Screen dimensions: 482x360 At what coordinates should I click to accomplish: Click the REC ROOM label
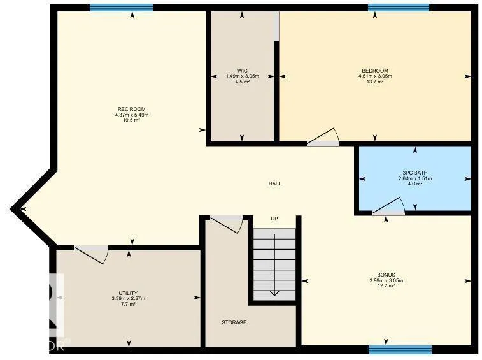click(132, 109)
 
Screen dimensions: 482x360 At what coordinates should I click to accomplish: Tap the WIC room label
click(242, 71)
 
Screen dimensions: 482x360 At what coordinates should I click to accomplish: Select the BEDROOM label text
click(375, 71)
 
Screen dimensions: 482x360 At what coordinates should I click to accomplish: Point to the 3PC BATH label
click(415, 173)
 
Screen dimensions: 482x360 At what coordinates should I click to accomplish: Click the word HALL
click(275, 184)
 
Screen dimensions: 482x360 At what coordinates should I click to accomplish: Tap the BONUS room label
click(386, 275)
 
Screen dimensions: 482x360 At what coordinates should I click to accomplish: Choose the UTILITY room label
click(128, 293)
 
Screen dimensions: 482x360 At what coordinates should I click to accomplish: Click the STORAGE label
click(234, 322)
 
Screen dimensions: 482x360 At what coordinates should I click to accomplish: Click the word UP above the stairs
click(274, 219)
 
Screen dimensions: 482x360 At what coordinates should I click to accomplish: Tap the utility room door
click(92, 255)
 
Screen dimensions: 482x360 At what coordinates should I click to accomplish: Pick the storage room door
click(227, 225)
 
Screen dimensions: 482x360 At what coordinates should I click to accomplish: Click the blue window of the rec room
click(121, 8)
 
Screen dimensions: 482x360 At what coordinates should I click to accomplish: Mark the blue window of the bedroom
click(399, 8)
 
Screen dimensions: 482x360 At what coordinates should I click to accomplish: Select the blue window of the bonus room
click(400, 350)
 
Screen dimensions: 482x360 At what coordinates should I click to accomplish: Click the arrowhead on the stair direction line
click(274, 293)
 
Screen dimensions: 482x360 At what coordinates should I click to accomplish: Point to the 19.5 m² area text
click(132, 120)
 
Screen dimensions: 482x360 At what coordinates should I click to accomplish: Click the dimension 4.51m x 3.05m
click(375, 76)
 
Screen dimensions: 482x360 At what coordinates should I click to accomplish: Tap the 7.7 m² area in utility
click(128, 304)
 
